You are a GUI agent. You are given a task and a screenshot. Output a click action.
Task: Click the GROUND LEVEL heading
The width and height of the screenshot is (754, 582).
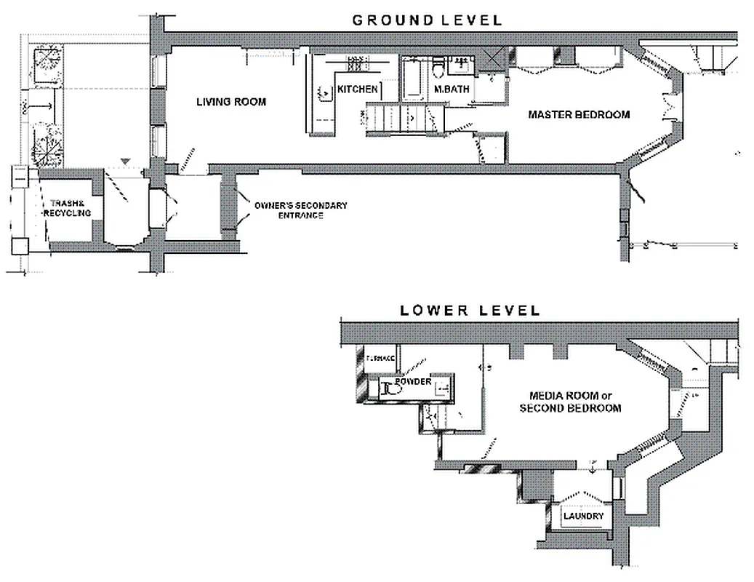point(427,20)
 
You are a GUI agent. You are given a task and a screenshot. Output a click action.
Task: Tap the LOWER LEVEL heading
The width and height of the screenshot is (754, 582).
point(470,311)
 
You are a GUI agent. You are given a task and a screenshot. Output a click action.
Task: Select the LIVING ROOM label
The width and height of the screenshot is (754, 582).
point(231,102)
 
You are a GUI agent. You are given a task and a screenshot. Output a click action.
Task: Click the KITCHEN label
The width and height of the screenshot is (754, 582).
point(358,89)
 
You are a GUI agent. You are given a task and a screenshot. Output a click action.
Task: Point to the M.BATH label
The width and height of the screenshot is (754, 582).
point(452,89)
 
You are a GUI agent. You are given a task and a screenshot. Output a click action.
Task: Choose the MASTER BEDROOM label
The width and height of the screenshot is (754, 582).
point(579,115)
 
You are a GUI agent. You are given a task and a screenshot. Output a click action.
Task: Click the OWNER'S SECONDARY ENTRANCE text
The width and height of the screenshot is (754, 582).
point(300,210)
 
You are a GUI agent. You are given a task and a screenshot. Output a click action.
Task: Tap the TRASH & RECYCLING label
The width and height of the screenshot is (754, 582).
point(67,208)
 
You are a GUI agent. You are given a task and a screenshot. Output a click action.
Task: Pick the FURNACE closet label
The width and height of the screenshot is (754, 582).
point(380,358)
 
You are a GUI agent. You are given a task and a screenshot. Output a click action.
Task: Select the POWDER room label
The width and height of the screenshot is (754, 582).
point(414,382)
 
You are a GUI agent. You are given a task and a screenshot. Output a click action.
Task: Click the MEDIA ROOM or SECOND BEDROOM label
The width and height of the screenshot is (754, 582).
point(570,402)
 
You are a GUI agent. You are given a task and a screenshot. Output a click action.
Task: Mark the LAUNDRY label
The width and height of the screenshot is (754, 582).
point(583,517)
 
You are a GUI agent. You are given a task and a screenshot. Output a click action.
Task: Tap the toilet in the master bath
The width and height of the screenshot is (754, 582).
point(437,70)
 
